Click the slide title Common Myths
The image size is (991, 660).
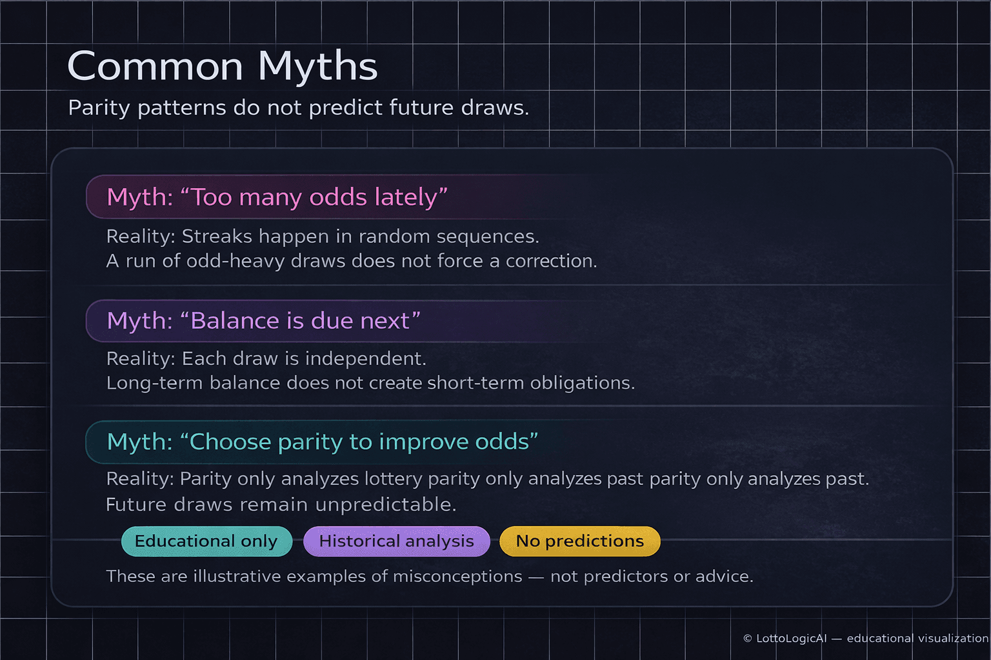[222, 66]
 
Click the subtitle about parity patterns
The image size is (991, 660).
[298, 108]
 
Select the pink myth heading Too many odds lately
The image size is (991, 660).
[277, 197]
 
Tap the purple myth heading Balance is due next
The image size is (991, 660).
[263, 321]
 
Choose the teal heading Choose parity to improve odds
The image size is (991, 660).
[322, 442]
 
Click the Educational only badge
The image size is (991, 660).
[206, 541]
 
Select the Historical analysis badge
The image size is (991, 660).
[396, 541]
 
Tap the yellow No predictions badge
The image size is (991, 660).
[579, 541]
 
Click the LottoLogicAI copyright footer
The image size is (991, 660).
[865, 638]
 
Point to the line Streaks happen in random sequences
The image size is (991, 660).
[322, 237]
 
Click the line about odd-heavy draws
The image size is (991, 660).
[352, 261]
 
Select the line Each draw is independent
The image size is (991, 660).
[266, 358]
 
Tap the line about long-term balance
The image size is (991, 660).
[370, 383]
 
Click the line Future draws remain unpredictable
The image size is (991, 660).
[281, 505]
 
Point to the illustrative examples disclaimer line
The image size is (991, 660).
[429, 576]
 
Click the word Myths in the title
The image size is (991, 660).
[317, 66]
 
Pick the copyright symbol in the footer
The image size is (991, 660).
[748, 639]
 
